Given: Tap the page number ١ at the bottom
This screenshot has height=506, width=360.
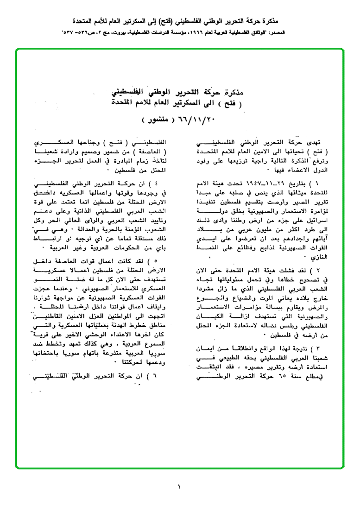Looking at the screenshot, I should coord(179,486).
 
